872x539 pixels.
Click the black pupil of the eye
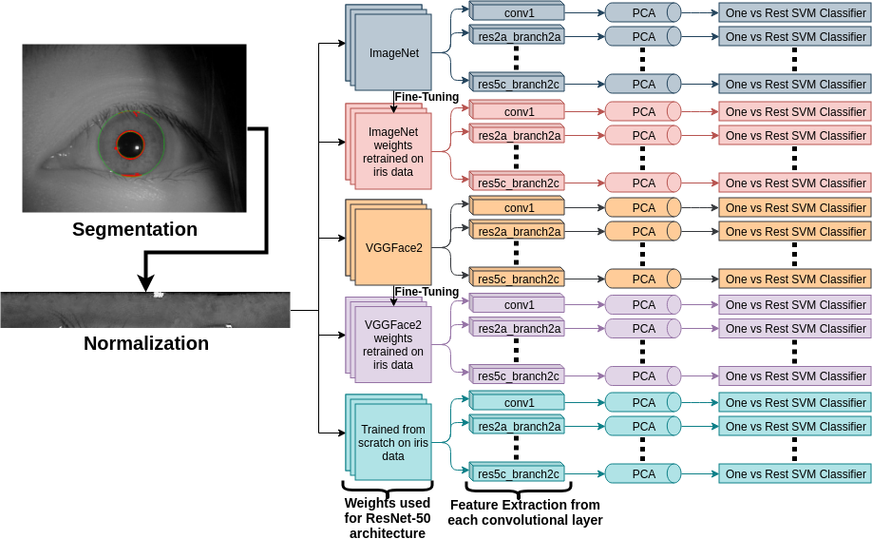pyautogui.click(x=130, y=145)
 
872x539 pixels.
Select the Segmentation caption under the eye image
pyautogui.click(x=135, y=229)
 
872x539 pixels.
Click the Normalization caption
pyautogui.click(x=146, y=343)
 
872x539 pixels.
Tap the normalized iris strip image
pyautogui.click(x=144, y=310)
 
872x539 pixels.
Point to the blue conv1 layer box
pyautogui.click(x=519, y=13)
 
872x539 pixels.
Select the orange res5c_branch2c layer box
pyautogui.click(x=519, y=279)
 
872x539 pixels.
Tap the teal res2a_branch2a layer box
pyautogui.click(x=519, y=427)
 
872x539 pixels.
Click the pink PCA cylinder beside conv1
pyautogui.click(x=643, y=111)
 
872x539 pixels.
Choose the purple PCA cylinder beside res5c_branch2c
pyautogui.click(x=643, y=375)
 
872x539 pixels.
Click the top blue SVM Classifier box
pyautogui.click(x=795, y=13)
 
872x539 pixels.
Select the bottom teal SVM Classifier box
pyautogui.click(x=795, y=473)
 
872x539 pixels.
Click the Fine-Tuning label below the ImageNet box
pyautogui.click(x=427, y=97)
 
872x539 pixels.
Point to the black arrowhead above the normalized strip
pyautogui.click(x=144, y=281)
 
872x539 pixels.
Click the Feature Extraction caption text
pyautogui.click(x=525, y=512)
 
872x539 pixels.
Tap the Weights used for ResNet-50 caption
pyautogui.click(x=387, y=518)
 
